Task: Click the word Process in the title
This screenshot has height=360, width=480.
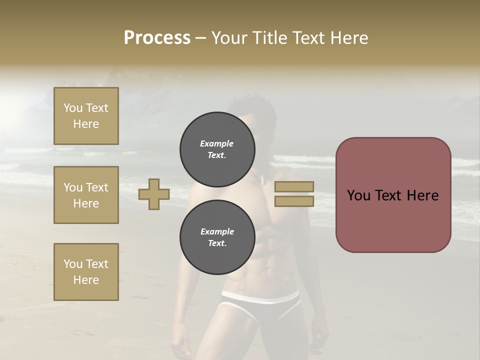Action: pyautogui.click(x=157, y=38)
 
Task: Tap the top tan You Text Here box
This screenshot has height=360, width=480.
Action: pyautogui.click(x=86, y=116)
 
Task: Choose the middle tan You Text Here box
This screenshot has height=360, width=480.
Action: pyautogui.click(x=86, y=195)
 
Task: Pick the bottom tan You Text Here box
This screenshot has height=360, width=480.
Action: pyautogui.click(x=86, y=272)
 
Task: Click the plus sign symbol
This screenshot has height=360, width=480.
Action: pyautogui.click(x=153, y=194)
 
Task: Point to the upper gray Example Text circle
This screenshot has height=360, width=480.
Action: pyautogui.click(x=217, y=149)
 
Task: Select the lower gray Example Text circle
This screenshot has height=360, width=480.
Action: pyautogui.click(x=217, y=237)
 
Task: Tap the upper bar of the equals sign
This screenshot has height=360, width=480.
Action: pyautogui.click(x=294, y=186)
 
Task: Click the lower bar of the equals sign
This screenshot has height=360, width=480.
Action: pyautogui.click(x=294, y=201)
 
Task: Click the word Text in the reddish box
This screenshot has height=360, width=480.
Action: pyautogui.click(x=393, y=195)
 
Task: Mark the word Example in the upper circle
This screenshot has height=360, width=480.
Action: pyautogui.click(x=217, y=143)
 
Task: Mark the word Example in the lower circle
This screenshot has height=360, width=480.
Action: pyautogui.click(x=217, y=231)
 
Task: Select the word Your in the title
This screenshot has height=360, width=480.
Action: pyautogui.click(x=230, y=38)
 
